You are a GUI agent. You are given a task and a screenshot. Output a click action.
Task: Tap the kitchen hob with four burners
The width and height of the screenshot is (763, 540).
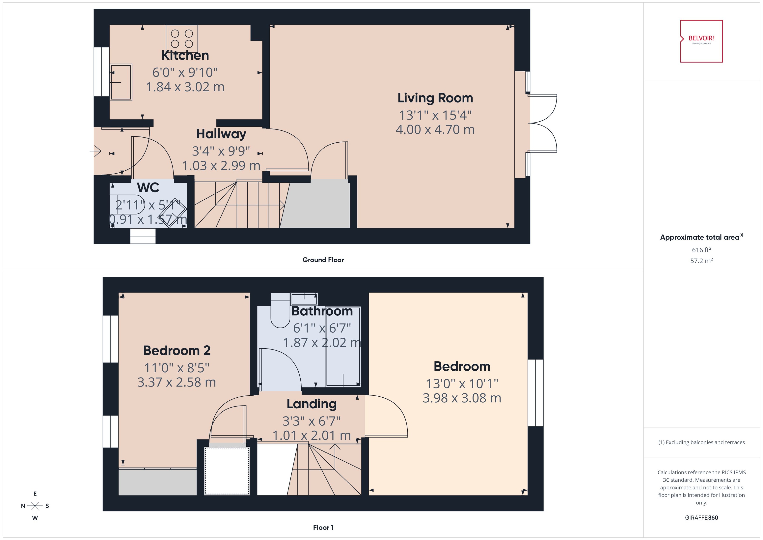pos(182,38)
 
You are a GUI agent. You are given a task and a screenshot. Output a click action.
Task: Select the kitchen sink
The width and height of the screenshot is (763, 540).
pos(121,82)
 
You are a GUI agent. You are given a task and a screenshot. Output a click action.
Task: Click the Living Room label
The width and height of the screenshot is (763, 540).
pos(435,98)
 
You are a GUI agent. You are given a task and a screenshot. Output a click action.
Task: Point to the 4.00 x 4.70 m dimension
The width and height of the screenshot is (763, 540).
pos(435,129)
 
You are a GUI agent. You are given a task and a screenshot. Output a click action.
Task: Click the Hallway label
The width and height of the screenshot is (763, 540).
pos(221,134)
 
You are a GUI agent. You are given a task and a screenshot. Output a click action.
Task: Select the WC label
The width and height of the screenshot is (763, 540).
pos(148,187)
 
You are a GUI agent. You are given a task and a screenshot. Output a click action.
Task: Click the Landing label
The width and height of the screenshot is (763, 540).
pos(312,404)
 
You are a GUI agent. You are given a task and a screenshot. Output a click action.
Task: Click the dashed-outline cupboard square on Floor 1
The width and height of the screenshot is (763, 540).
pos(227,471)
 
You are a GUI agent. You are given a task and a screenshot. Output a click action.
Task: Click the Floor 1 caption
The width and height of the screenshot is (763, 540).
pos(323,527)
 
